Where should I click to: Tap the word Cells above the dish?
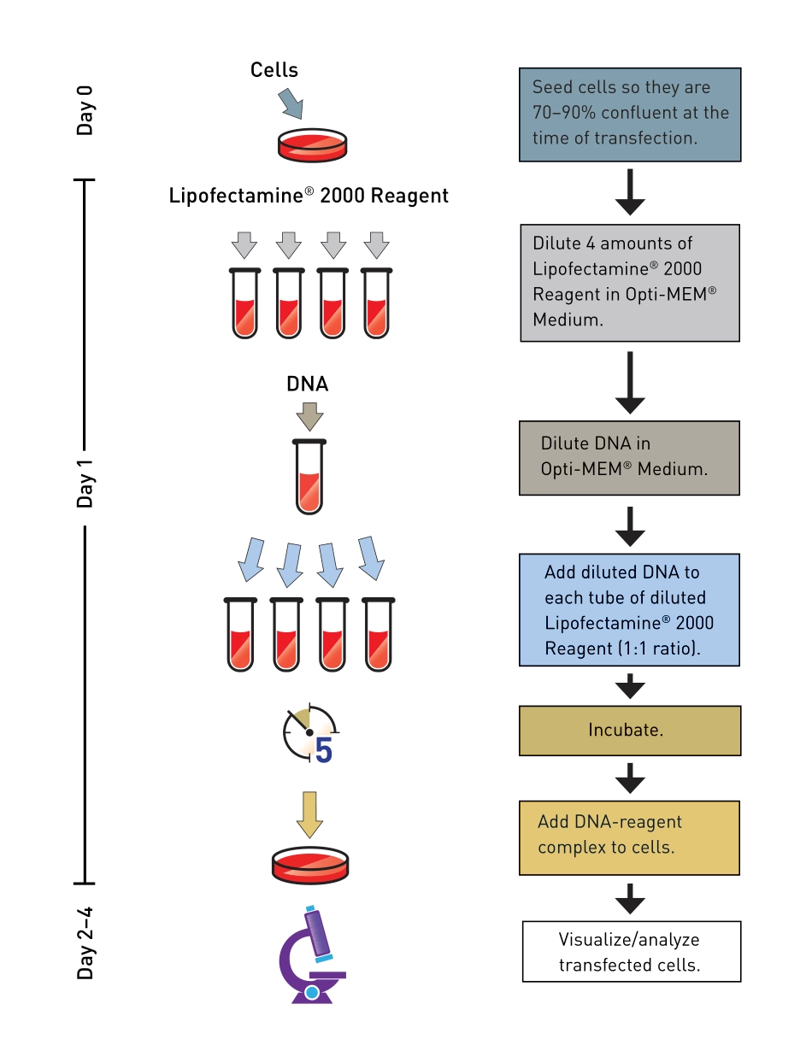[274, 69]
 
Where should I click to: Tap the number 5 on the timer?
[324, 750]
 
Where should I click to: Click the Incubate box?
[629, 731]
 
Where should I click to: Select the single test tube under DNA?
[309, 477]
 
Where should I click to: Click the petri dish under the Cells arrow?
[313, 144]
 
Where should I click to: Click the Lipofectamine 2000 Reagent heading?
[309, 196]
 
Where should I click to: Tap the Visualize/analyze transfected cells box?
[631, 952]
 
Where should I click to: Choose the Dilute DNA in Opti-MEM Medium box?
[629, 457]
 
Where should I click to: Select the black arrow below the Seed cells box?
[630, 191]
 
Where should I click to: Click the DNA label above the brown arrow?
[308, 385]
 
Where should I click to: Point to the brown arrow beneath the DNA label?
[309, 417]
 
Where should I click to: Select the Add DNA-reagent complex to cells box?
[629, 837]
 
